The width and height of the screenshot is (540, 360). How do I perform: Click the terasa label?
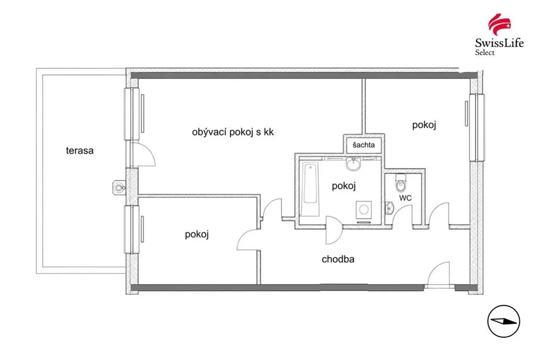(80, 150)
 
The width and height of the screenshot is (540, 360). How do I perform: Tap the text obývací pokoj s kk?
(233, 132)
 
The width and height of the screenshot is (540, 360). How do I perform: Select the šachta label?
(364, 145)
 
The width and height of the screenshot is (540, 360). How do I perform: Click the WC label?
(406, 198)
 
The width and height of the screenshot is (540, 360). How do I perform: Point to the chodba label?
(338, 259)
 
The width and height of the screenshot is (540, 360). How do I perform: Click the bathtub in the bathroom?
(310, 189)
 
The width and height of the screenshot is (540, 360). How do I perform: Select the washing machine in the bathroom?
(364, 209)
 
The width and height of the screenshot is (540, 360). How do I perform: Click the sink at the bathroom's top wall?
(353, 164)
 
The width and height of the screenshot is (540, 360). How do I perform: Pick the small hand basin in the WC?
(389, 208)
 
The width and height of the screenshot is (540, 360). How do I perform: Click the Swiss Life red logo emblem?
(499, 24)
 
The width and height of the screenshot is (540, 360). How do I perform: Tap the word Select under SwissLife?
(485, 52)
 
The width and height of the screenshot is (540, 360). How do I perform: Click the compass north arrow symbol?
(504, 322)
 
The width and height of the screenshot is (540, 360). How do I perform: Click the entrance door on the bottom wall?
(438, 274)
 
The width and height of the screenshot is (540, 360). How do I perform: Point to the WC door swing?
(402, 214)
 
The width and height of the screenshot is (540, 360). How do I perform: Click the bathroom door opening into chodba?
(334, 230)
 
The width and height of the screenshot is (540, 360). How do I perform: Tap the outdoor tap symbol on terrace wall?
(119, 188)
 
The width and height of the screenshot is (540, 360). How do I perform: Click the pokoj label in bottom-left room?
(197, 235)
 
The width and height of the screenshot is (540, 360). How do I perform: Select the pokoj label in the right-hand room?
(425, 125)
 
